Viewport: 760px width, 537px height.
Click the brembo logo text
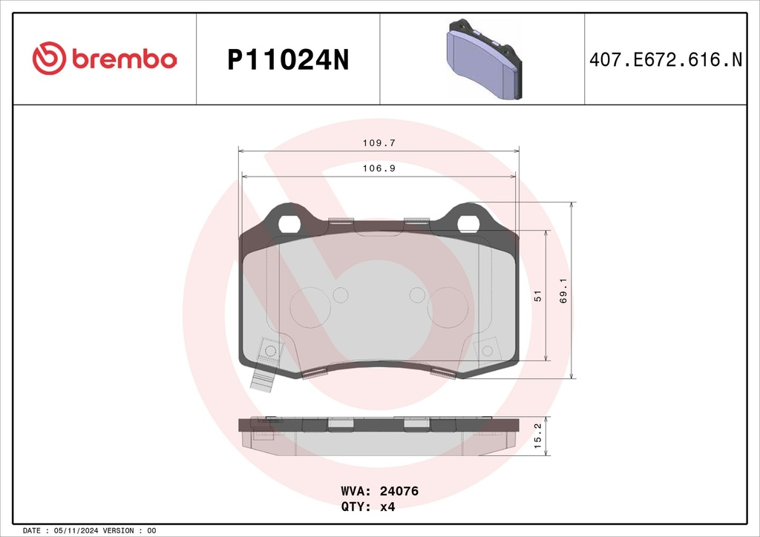[124, 59]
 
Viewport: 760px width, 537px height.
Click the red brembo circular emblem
[49, 59]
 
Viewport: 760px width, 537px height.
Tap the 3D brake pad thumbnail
[482, 59]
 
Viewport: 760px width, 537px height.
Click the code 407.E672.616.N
[665, 60]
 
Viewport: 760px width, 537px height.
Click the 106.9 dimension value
[378, 168]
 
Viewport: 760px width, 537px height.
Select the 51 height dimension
[537, 296]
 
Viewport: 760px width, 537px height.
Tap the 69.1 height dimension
[563, 290]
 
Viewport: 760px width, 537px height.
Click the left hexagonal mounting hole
[288, 223]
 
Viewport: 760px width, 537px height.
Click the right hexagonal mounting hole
[468, 223]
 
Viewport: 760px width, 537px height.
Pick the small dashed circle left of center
[341, 295]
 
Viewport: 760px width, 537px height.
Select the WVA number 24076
[400, 491]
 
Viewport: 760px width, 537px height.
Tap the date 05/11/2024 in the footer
[76, 531]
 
